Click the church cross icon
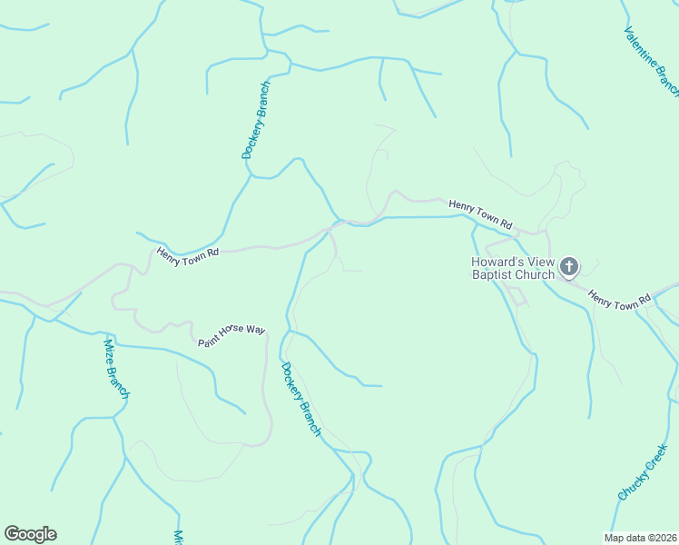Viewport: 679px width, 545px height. pos(568,266)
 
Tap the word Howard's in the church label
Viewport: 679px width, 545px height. pos(496,263)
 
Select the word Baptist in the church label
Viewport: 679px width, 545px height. pos(494,275)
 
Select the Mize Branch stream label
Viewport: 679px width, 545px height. pos(116,368)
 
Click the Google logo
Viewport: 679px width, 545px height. pos(30,534)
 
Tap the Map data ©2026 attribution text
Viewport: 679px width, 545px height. pos(641,537)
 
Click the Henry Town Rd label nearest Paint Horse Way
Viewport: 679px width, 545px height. pos(188,256)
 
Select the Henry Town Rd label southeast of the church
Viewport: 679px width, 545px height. pos(619,298)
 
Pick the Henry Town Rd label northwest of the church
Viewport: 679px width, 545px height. pos(481,213)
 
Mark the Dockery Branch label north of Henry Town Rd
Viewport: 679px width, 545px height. pos(256,121)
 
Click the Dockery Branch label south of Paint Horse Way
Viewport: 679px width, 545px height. pos(300,400)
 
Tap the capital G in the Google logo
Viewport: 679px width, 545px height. pos(12,534)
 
